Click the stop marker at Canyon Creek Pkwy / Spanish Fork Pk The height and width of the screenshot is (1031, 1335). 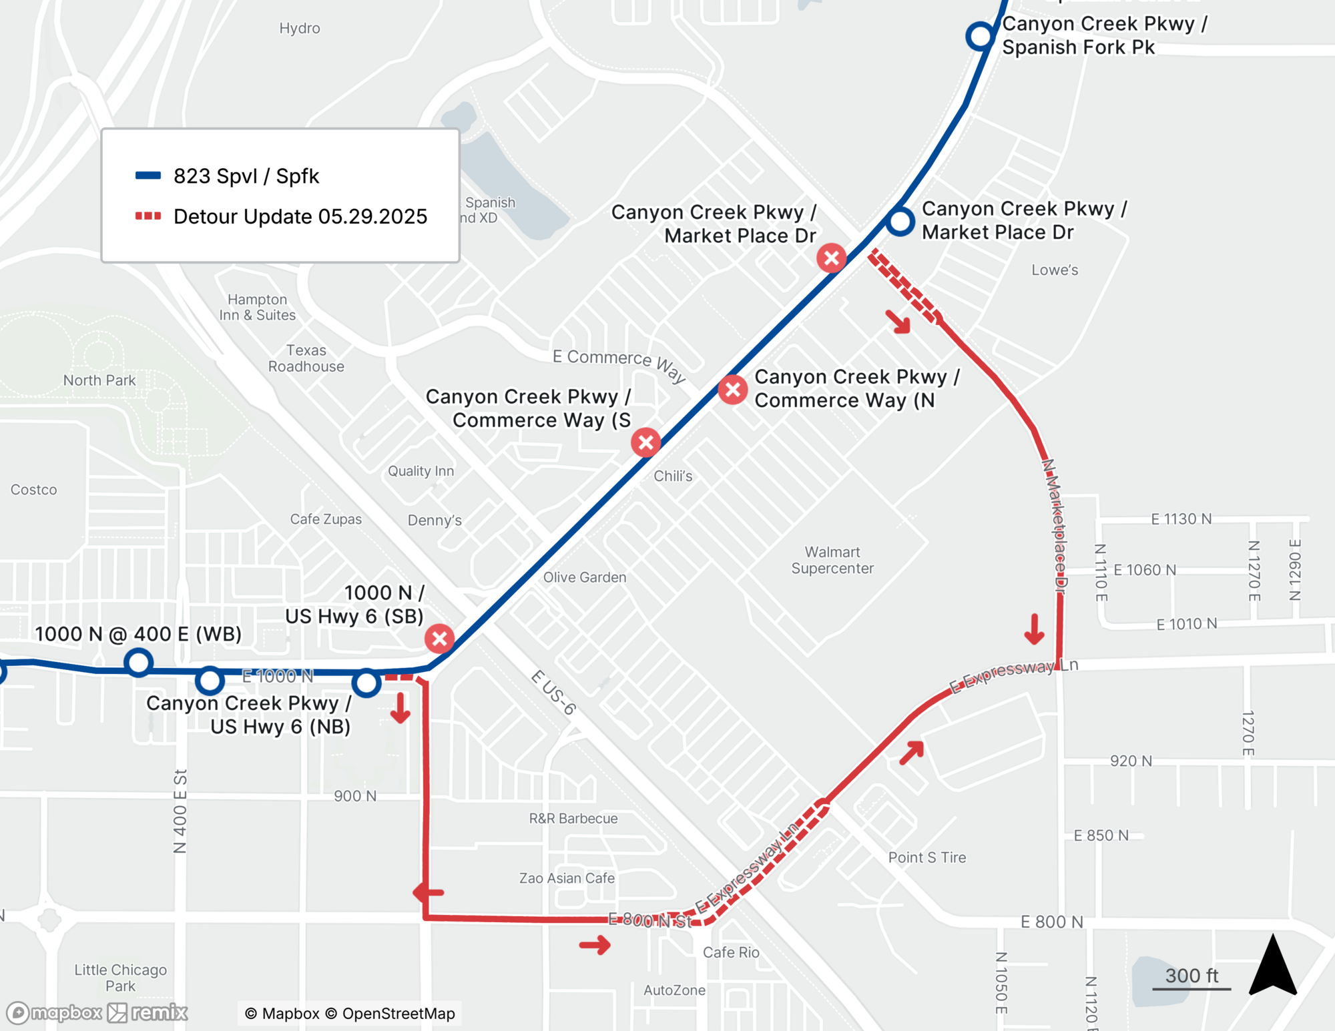[x=980, y=35]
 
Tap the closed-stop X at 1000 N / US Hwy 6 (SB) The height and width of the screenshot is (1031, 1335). [x=439, y=639]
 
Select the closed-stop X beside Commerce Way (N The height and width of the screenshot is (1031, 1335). [x=732, y=389]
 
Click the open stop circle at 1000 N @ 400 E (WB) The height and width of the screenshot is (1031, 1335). [x=138, y=663]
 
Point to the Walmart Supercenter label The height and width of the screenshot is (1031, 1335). [x=832, y=560]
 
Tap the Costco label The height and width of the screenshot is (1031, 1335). [x=33, y=489]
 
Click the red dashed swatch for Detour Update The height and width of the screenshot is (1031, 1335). [x=148, y=216]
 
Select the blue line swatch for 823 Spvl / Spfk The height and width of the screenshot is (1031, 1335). [x=148, y=176]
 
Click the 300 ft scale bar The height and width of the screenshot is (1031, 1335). [x=1191, y=988]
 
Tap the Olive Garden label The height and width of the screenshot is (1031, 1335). [x=584, y=577]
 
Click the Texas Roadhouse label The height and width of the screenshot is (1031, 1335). [x=306, y=358]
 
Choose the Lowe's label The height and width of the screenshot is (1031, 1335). [x=1054, y=270]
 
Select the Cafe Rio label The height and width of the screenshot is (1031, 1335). [x=731, y=952]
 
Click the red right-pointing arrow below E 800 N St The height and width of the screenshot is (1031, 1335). [x=595, y=944]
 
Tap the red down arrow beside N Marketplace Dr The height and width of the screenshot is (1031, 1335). [x=1034, y=629]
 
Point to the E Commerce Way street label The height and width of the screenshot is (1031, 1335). [x=619, y=364]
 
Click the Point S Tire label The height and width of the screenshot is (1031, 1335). [x=926, y=857]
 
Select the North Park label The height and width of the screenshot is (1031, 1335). [x=99, y=380]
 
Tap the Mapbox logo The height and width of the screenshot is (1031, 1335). [x=55, y=1013]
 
